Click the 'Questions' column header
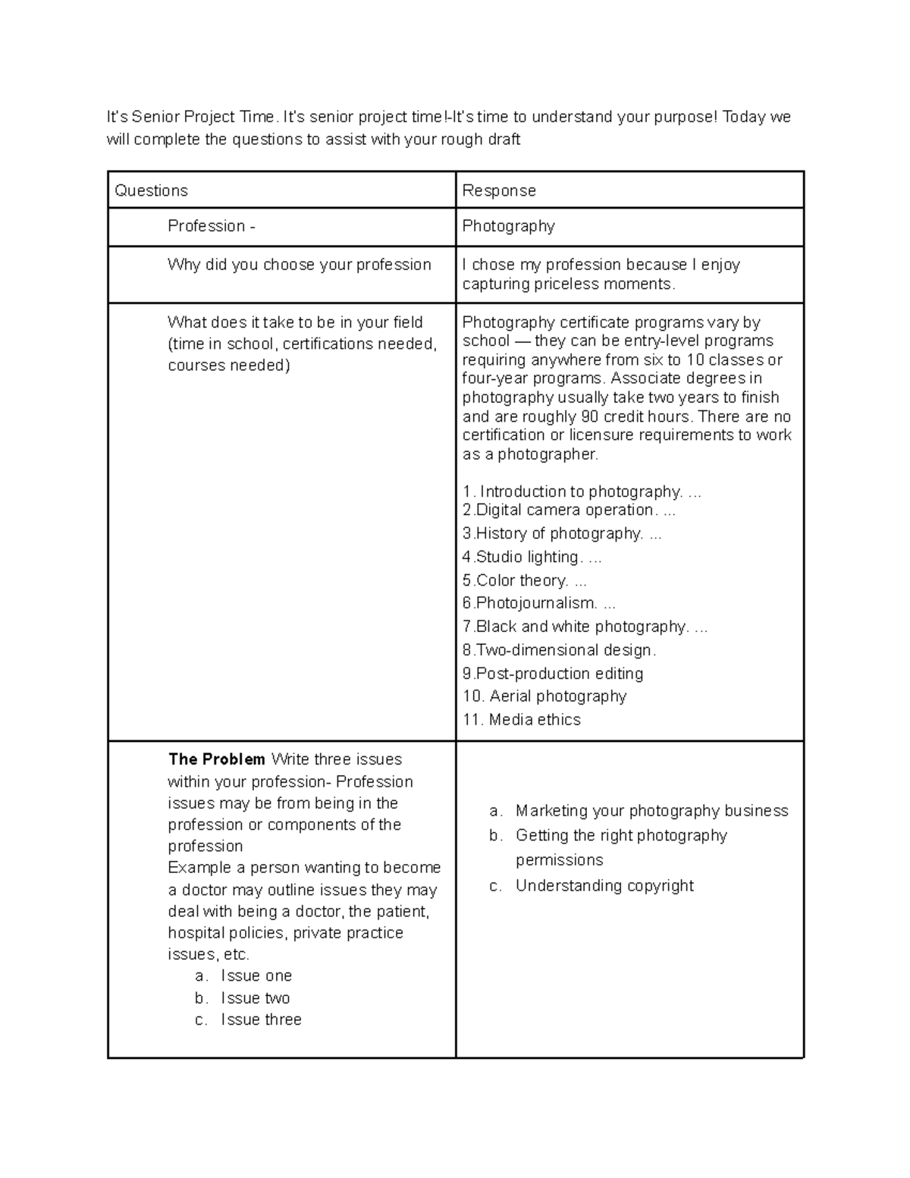click(151, 190)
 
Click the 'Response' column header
click(499, 190)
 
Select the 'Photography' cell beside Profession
click(508, 226)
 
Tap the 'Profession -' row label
click(211, 226)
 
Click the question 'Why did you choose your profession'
click(299, 265)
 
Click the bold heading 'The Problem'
click(216, 759)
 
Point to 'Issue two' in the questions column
click(256, 998)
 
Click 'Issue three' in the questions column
click(261, 1019)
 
